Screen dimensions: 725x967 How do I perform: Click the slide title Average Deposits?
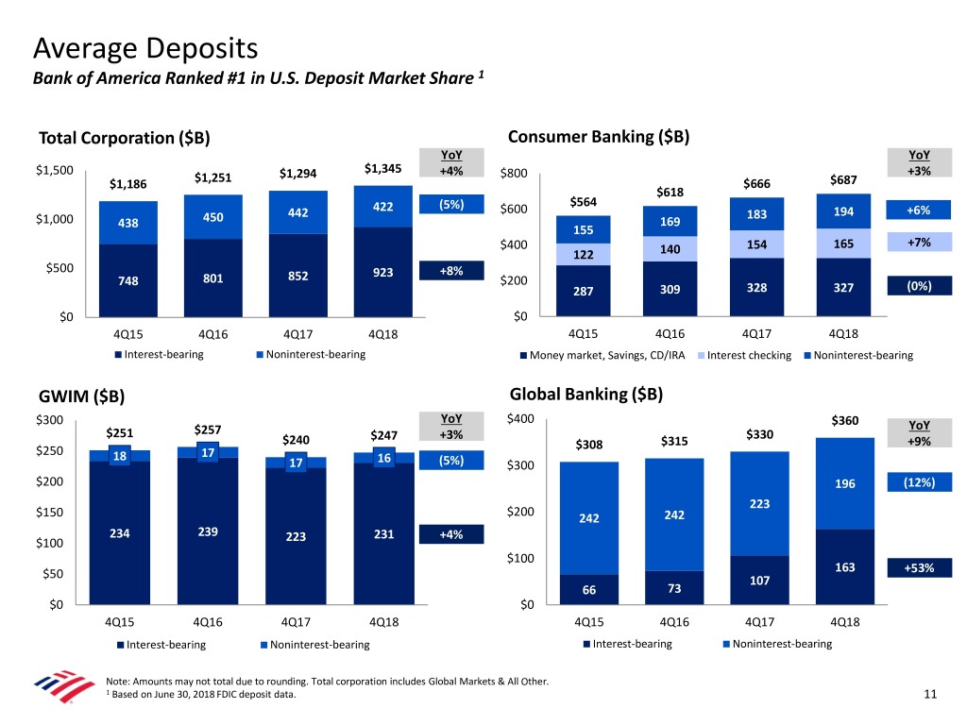(144, 46)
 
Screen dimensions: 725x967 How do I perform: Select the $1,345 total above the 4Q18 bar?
(382, 170)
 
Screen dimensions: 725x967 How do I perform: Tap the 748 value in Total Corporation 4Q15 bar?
(127, 280)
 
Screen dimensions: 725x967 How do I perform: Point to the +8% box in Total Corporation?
(451, 271)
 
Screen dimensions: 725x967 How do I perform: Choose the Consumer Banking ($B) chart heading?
(599, 136)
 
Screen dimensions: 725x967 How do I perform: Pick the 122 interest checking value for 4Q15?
(584, 255)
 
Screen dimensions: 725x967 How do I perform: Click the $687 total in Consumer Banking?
(844, 180)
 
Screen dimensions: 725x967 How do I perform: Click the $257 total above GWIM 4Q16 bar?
(209, 430)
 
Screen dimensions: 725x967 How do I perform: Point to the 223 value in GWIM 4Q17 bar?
(296, 537)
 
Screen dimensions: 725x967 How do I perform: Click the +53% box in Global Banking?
(919, 568)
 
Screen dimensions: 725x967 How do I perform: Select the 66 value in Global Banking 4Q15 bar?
(588, 589)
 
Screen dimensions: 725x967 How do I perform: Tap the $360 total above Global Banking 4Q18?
(844, 421)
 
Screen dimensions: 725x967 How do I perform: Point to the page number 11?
(930, 696)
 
